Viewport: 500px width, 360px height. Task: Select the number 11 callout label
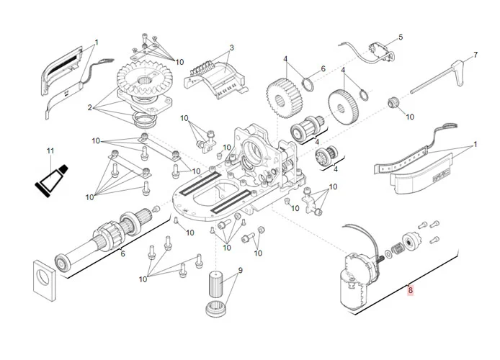(x=50, y=151)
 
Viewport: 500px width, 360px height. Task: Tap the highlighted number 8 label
(x=410, y=291)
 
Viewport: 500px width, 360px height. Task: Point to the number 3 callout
(x=231, y=48)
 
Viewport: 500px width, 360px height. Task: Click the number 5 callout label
(x=401, y=37)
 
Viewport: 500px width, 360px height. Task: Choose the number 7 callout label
(x=476, y=55)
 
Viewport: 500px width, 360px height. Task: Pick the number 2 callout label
(x=91, y=108)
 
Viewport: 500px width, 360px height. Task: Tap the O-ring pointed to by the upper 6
(x=307, y=84)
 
